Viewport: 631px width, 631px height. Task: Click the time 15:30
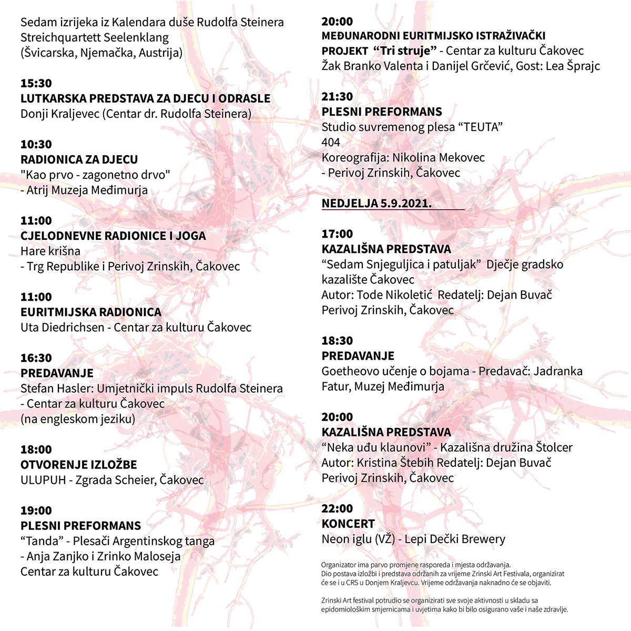[x=36, y=83]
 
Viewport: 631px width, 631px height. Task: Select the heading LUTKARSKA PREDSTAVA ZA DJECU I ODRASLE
[x=146, y=98]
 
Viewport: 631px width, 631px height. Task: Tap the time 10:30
[x=36, y=144]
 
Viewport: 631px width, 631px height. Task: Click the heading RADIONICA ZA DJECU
[x=79, y=159]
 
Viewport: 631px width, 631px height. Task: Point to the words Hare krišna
[x=50, y=251]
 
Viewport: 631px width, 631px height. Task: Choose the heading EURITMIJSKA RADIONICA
[x=91, y=312]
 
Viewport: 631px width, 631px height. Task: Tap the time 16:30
[x=36, y=358]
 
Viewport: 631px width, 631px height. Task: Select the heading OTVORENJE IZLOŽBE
[x=79, y=465]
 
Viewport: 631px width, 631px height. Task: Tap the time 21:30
[x=337, y=97]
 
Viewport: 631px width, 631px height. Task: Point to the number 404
[x=331, y=142]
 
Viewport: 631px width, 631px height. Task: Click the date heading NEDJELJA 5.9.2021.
[x=376, y=203]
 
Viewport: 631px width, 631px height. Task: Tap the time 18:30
[x=337, y=341]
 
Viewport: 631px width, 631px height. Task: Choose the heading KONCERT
[x=348, y=524]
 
